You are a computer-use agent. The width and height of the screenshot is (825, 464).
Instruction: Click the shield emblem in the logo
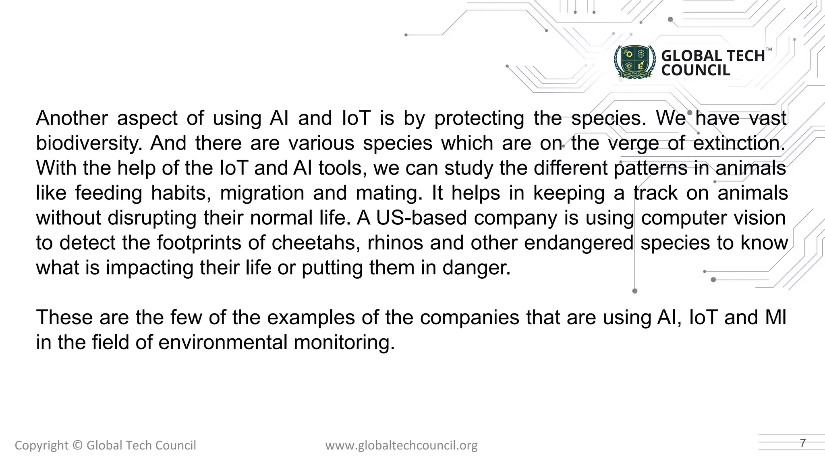coord(635,62)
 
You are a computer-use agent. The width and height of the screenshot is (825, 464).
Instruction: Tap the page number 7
coord(802,443)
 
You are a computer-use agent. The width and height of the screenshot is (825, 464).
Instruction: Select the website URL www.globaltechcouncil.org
coord(401,445)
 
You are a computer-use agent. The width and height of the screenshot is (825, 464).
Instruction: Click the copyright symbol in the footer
coord(78,445)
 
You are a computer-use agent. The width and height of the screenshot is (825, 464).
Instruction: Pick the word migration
coord(262,193)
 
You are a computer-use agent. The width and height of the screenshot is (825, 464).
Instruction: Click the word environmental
coord(222,342)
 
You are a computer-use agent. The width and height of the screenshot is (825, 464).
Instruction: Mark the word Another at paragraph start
coord(72,118)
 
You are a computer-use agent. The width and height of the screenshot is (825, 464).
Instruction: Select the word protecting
coord(479,118)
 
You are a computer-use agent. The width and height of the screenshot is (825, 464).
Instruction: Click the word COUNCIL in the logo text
coord(695,70)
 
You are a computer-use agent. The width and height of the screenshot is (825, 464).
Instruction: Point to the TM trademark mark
coord(769,50)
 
